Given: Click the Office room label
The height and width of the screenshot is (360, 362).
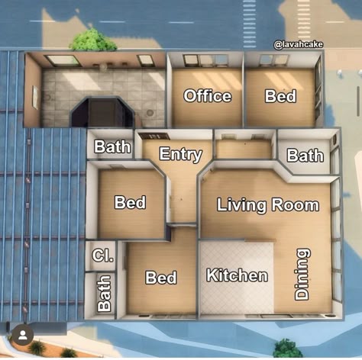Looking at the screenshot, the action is click(208, 96).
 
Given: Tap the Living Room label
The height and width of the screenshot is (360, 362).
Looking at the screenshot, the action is click(268, 205).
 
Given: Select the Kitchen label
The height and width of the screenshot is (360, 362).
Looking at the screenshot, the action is click(237, 275).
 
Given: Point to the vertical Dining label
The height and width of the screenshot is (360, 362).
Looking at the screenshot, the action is click(302, 274).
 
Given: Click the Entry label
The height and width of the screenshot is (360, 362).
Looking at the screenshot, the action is click(181, 154).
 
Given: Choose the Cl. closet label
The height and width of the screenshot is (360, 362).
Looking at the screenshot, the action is click(103, 256).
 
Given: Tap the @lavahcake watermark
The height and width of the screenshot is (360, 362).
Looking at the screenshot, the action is click(299, 45).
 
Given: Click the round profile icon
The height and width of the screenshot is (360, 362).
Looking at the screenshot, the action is click(23, 335).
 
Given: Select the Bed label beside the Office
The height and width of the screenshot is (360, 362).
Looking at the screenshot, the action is click(280, 96).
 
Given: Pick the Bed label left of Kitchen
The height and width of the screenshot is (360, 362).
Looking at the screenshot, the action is click(161, 277).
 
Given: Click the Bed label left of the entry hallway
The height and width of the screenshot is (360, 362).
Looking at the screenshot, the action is click(130, 202).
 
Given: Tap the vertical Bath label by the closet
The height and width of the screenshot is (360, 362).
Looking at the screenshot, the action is click(105, 293).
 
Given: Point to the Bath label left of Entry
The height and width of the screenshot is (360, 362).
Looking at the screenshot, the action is click(112, 146).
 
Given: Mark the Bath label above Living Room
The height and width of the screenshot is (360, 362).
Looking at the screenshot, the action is click(305, 155).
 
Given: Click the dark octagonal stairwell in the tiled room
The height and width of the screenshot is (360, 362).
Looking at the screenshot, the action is click(102, 111).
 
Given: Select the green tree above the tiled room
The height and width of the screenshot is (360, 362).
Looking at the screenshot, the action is click(92, 40).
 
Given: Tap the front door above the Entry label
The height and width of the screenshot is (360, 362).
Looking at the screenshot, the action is click(154, 137).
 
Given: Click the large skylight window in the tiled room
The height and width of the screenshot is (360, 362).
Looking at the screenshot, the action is click(63, 61).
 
